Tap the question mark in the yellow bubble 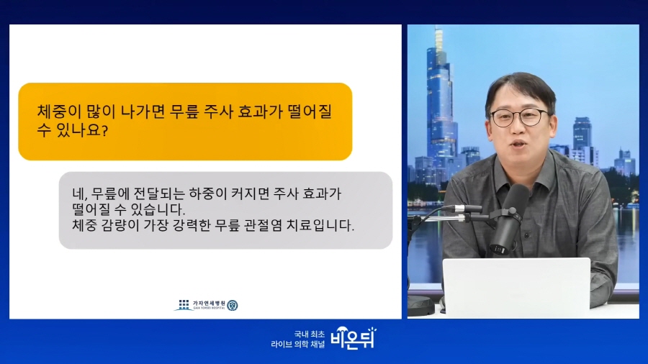pyautogui.click(x=104, y=131)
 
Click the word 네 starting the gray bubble pyautogui.click(x=79, y=194)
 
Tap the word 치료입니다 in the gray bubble pyautogui.click(x=320, y=225)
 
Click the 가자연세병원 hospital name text pyautogui.click(x=209, y=304)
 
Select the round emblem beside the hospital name pyautogui.click(x=233, y=305)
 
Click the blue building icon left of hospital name pyautogui.click(x=184, y=305)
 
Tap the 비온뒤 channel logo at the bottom pyautogui.click(x=354, y=338)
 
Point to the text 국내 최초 pyautogui.click(x=310, y=334)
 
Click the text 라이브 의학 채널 pyautogui.click(x=298, y=344)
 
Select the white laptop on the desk pyautogui.click(x=516, y=288)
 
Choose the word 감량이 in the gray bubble pyautogui.click(x=120, y=225)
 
